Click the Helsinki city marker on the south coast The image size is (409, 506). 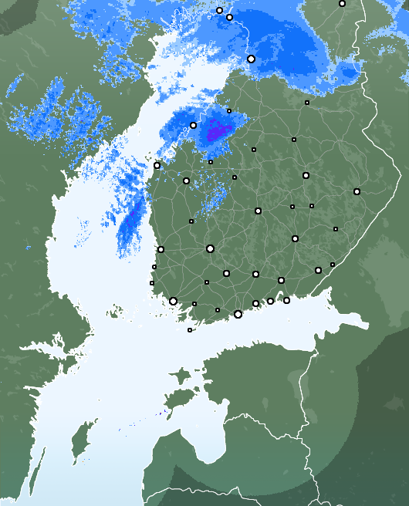click(x=238, y=314)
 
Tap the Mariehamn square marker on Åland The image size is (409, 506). click(x=190, y=330)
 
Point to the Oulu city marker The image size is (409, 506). click(x=251, y=59)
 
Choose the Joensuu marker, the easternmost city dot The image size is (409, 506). click(x=357, y=191)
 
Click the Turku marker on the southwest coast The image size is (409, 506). click(x=173, y=301)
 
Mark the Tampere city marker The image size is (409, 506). click(x=210, y=248)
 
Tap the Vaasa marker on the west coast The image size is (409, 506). click(x=157, y=165)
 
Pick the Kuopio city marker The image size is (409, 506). click(x=306, y=176)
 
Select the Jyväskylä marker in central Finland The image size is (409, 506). click(x=258, y=211)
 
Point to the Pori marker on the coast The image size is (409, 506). click(x=161, y=249)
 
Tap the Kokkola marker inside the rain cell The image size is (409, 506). click(x=193, y=125)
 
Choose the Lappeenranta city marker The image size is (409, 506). click(x=318, y=270)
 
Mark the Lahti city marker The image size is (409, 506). click(x=255, y=274)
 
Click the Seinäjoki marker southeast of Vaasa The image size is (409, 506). click(x=186, y=180)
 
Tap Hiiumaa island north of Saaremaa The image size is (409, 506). click(x=181, y=376)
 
